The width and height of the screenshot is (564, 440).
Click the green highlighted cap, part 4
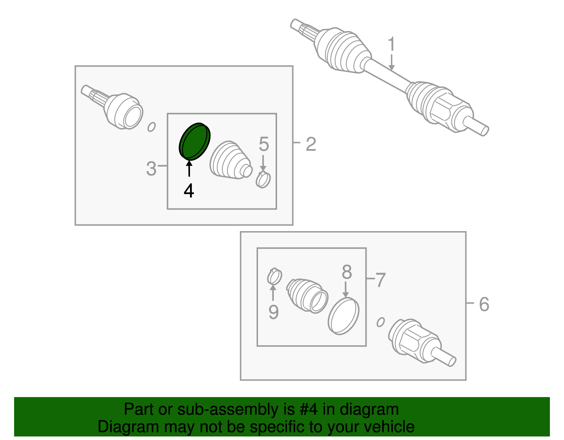pyautogui.click(x=194, y=142)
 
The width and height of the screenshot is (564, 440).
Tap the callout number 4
pyautogui.click(x=189, y=191)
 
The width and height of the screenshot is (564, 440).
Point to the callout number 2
pyautogui.click(x=311, y=144)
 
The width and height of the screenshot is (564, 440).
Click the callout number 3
pyautogui.click(x=151, y=169)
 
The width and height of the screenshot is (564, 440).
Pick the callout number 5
pyautogui.click(x=264, y=144)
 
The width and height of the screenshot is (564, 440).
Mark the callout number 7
pyautogui.click(x=380, y=280)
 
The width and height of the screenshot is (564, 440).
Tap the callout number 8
pyautogui.click(x=347, y=272)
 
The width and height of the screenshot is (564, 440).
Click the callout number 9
pyautogui.click(x=274, y=312)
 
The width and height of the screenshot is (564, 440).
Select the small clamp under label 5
pyautogui.click(x=263, y=179)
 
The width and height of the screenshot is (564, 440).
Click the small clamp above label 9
pyautogui.click(x=274, y=277)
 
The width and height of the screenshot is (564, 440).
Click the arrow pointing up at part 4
pyautogui.click(x=189, y=168)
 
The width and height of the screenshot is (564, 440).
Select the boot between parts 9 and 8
pyautogui.click(x=307, y=296)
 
